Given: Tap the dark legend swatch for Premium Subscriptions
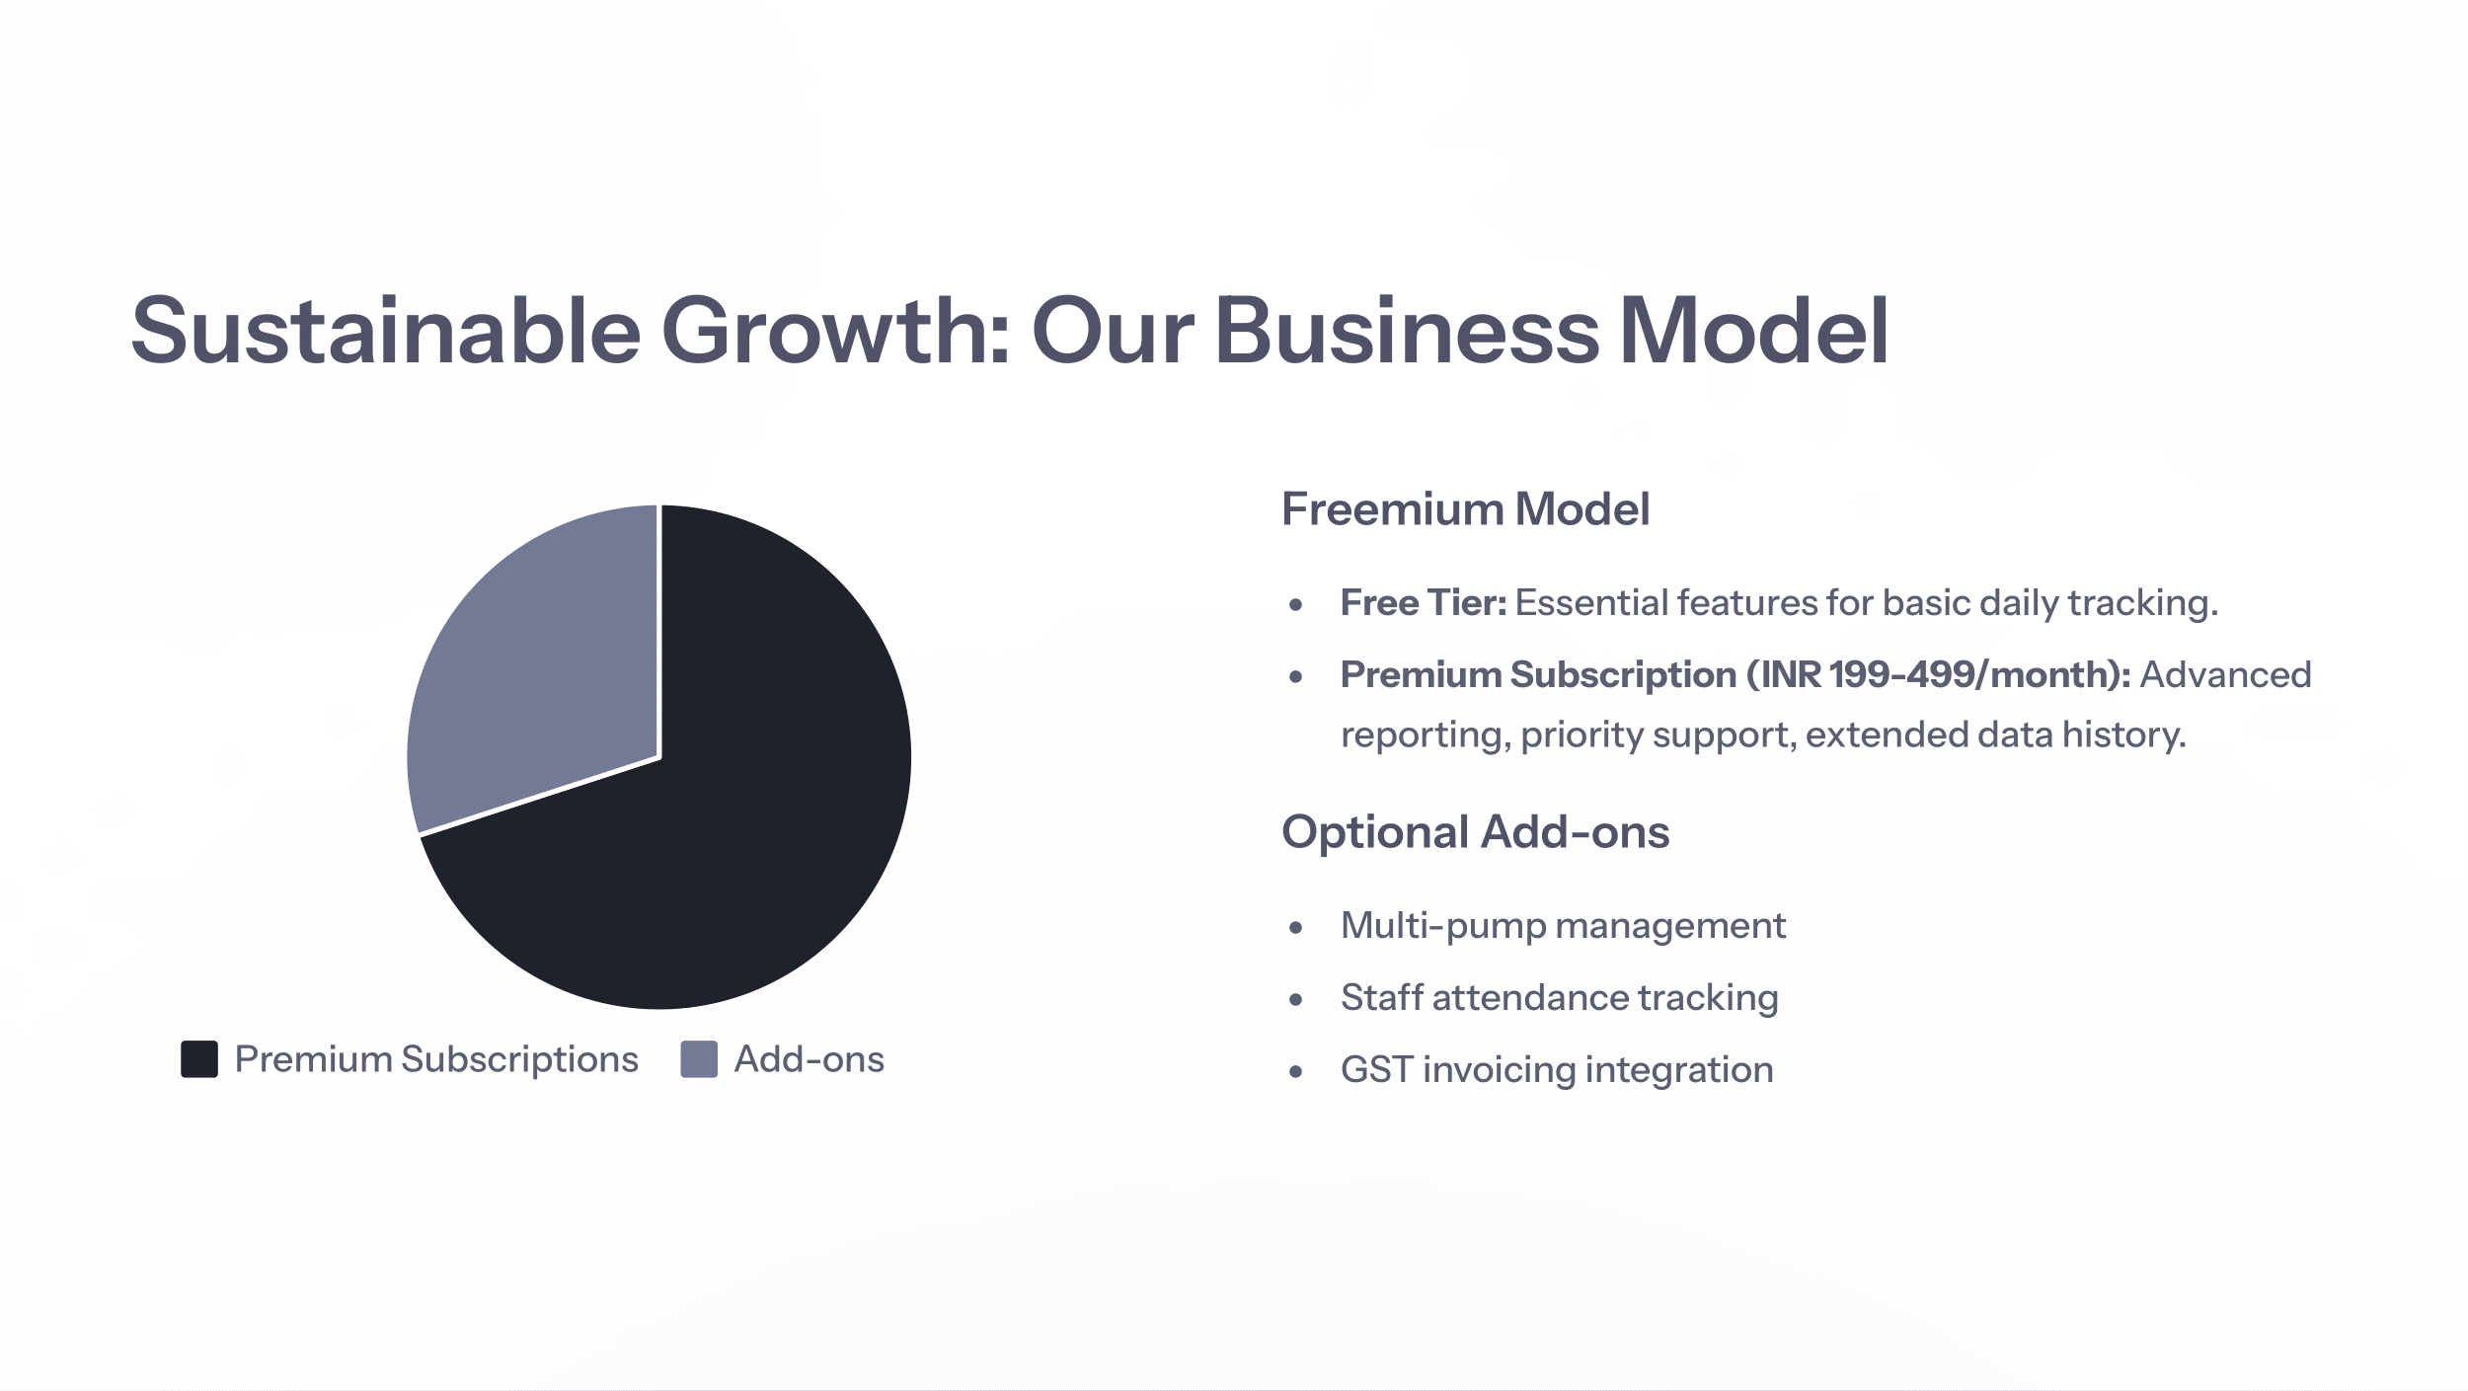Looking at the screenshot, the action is click(x=199, y=1059).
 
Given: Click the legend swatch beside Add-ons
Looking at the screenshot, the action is click(x=699, y=1059).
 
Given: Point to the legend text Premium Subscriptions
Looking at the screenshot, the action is click(x=436, y=1060).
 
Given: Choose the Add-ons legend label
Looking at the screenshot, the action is click(x=810, y=1059).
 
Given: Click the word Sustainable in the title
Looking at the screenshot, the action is click(x=386, y=330).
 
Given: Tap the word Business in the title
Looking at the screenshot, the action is click(x=1407, y=330).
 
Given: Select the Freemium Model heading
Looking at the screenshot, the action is click(x=1465, y=509).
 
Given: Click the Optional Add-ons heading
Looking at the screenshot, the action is click(x=1476, y=832).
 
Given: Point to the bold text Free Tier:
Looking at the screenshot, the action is click(x=1424, y=602).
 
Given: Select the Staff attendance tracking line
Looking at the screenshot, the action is click(x=1560, y=998).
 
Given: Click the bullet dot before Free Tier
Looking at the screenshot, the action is click(x=1296, y=604).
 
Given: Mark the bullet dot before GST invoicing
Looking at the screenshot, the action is click(x=1296, y=1071).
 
